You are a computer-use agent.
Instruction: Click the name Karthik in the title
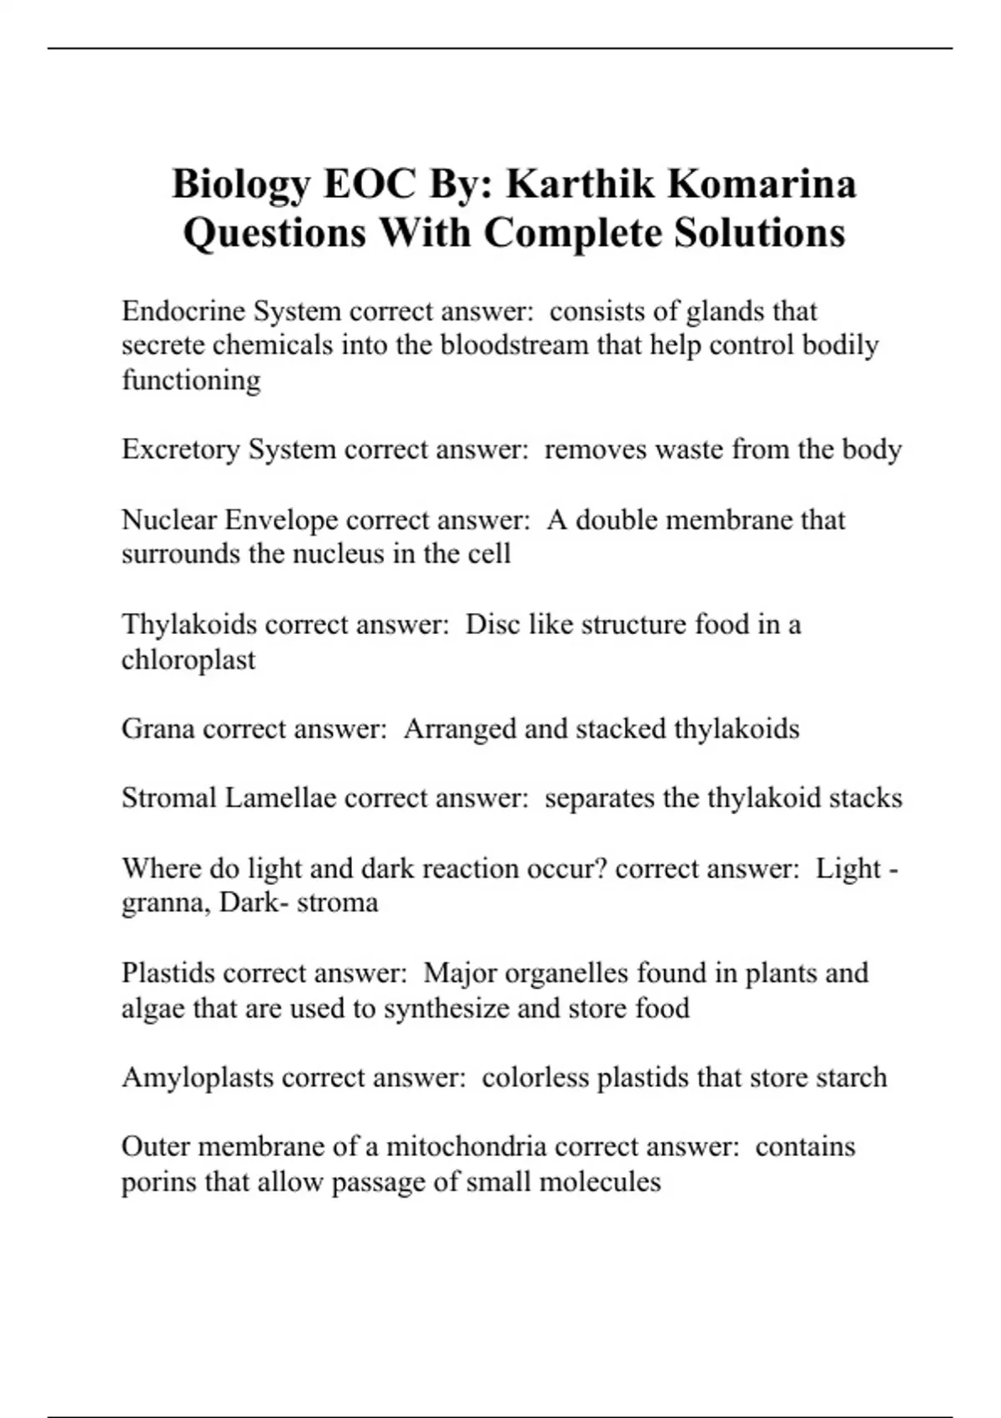pyautogui.click(x=581, y=184)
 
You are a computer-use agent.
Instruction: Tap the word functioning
pyautogui.click(x=191, y=380)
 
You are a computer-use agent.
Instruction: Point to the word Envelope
pyautogui.click(x=281, y=520)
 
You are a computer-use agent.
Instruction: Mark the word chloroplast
pyautogui.click(x=189, y=660)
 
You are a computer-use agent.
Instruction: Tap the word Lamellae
pyautogui.click(x=280, y=798)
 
